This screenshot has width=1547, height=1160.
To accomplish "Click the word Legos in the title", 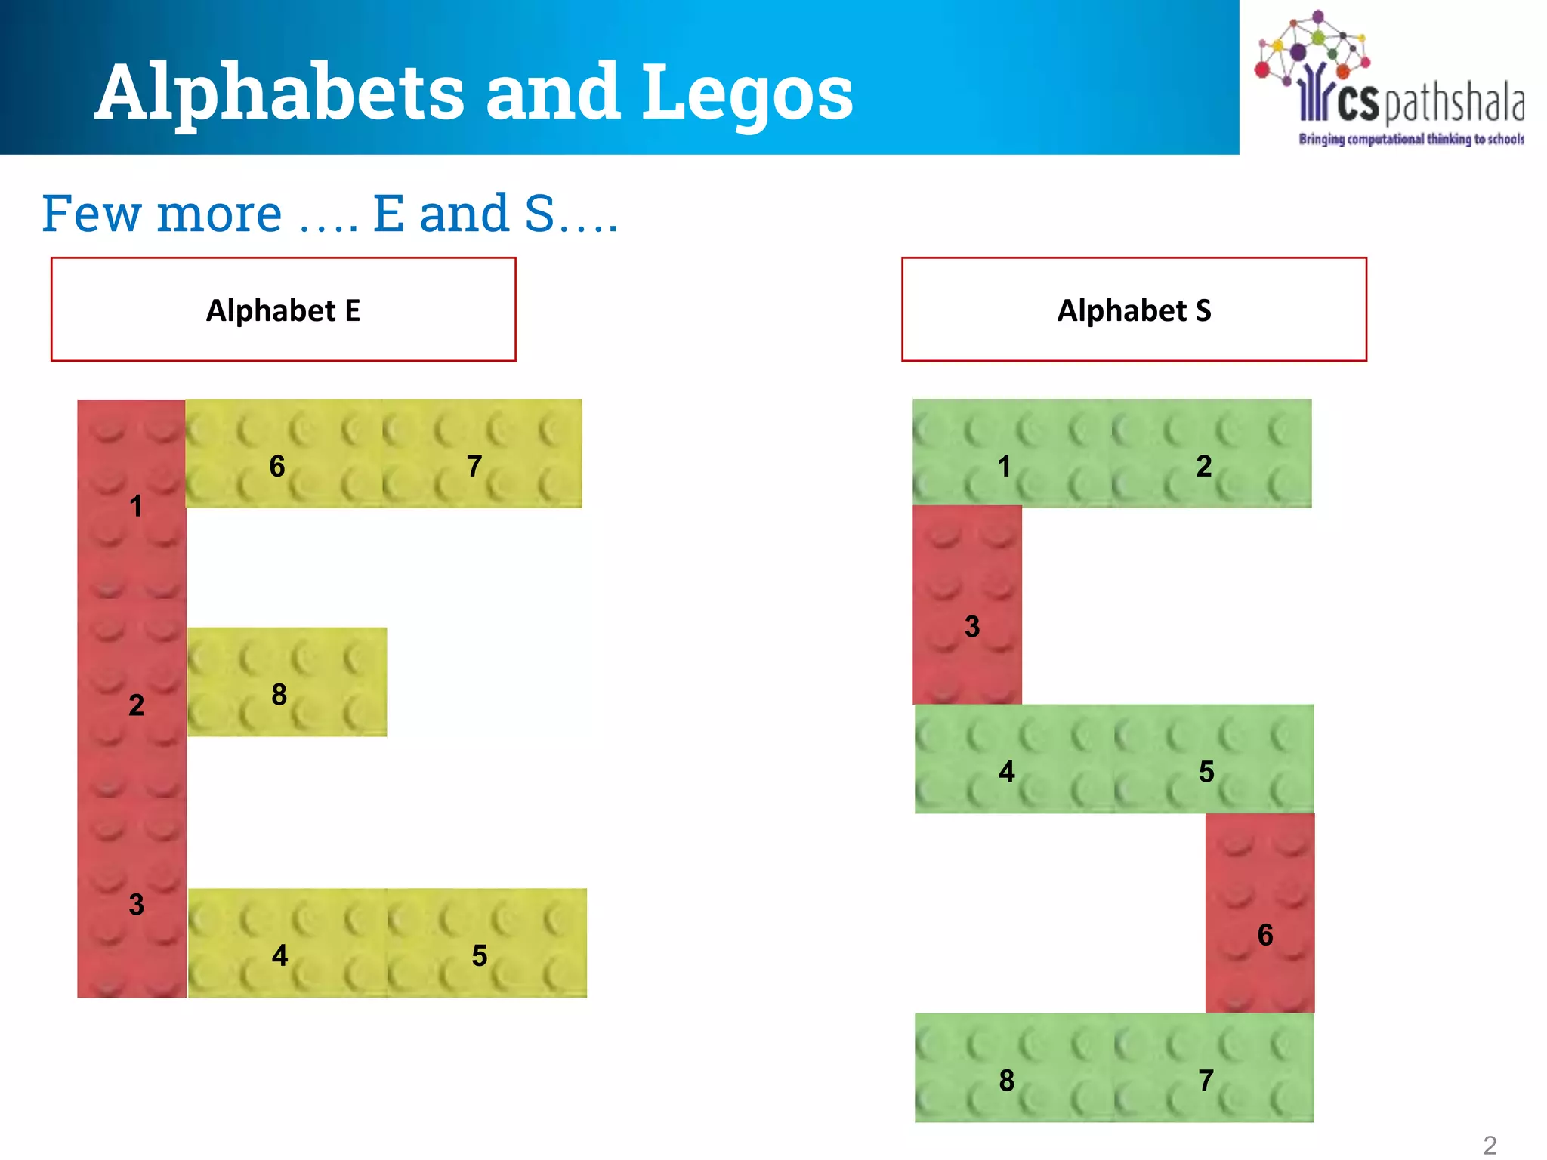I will [748, 92].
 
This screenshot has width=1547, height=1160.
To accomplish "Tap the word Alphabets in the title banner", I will [279, 92].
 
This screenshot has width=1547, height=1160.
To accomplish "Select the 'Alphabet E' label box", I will [283, 310].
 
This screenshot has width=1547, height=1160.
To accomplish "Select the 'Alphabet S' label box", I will [1134, 310].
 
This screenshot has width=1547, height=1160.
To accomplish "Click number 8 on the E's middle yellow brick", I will [279, 694].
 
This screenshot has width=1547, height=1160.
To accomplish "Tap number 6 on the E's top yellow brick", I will [277, 466].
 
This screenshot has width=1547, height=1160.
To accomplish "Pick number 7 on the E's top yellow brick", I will [474, 466].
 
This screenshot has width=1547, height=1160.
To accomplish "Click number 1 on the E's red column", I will [136, 505].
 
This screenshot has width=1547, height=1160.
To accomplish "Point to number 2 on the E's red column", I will [136, 705].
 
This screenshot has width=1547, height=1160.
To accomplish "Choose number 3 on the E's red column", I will [136, 904].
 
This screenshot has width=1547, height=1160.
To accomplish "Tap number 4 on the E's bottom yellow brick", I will [279, 955].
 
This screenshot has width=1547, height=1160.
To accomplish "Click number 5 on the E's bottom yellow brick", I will [479, 955].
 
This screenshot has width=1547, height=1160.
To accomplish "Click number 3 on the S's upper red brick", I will [972, 626].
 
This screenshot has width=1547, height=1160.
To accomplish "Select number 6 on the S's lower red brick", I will [1265, 935].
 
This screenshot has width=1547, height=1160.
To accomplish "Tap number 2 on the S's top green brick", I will [1203, 466].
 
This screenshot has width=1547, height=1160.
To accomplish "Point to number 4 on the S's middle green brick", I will [1006, 771].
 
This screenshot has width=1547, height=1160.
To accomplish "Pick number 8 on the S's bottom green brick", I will [1006, 1080].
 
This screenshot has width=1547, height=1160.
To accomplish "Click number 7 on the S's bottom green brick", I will [1206, 1080].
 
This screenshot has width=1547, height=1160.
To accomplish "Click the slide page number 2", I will [1490, 1145].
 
